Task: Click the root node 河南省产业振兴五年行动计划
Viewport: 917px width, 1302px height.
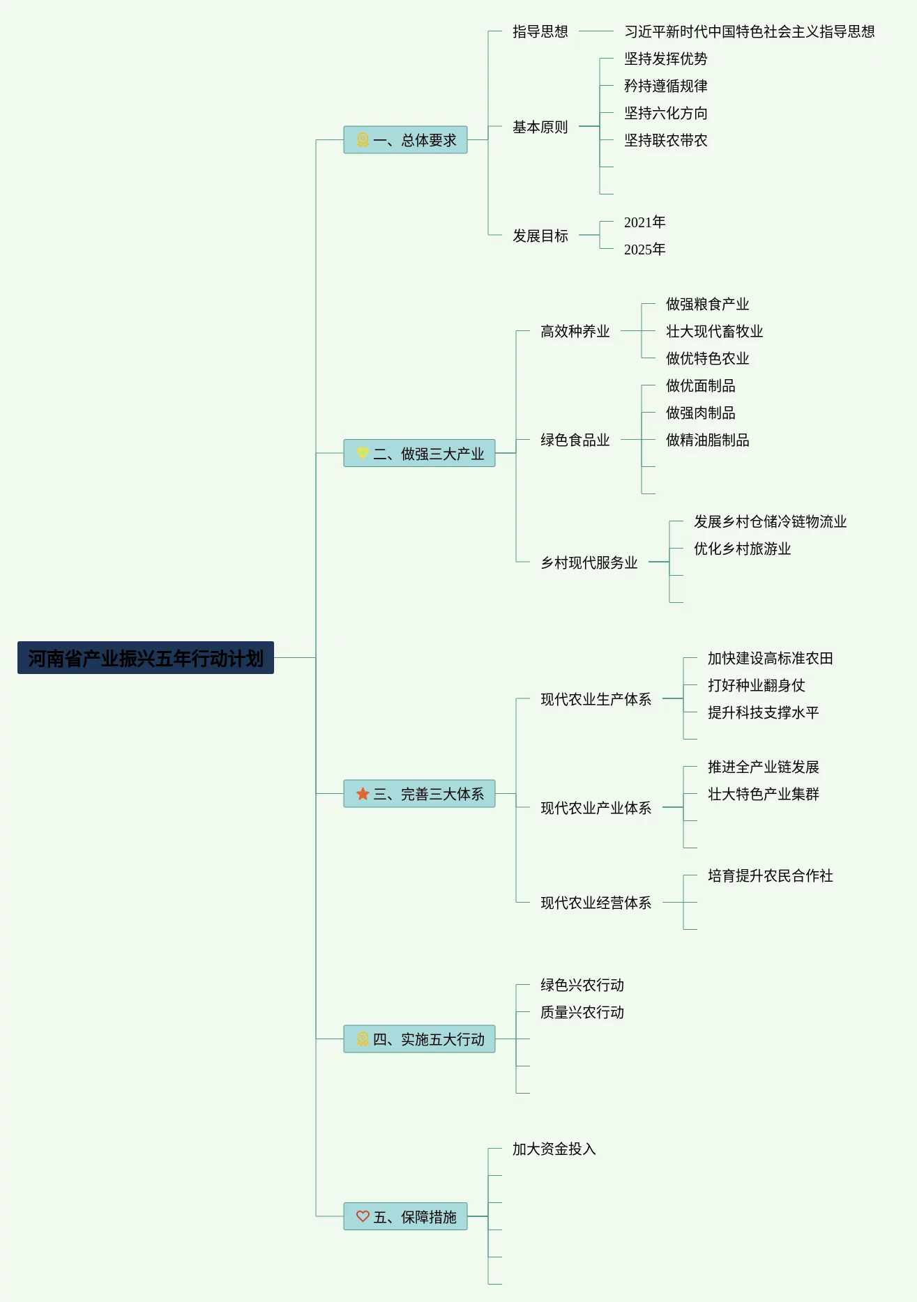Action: [145, 658]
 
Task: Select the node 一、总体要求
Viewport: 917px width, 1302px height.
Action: [405, 140]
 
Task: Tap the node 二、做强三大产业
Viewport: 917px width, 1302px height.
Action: [419, 454]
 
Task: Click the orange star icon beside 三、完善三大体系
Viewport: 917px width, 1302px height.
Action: [363, 794]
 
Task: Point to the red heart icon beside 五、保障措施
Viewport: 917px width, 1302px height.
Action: [363, 1216]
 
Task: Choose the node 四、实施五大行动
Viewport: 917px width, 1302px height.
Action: [419, 1039]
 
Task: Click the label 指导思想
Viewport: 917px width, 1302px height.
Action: [540, 31]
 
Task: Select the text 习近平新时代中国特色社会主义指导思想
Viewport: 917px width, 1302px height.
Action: [749, 31]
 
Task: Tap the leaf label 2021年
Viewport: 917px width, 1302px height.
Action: [644, 222]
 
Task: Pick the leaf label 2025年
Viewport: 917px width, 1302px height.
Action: [644, 250]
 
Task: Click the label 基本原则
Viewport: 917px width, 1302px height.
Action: [540, 127]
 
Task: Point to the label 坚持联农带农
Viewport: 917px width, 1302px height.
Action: [665, 140]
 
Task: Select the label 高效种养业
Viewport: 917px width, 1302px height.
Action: [575, 331]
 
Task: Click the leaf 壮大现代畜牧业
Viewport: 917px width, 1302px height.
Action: [714, 331]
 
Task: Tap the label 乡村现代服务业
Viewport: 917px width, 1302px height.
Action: [589, 562]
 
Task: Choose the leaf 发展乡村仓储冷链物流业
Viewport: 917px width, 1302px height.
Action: [770, 521]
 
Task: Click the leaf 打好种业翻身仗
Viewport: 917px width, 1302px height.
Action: [756, 685]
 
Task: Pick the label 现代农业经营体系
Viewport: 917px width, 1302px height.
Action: [596, 903]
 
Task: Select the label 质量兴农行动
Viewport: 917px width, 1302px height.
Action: [582, 1012]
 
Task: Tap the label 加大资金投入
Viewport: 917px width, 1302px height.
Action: [554, 1149]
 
